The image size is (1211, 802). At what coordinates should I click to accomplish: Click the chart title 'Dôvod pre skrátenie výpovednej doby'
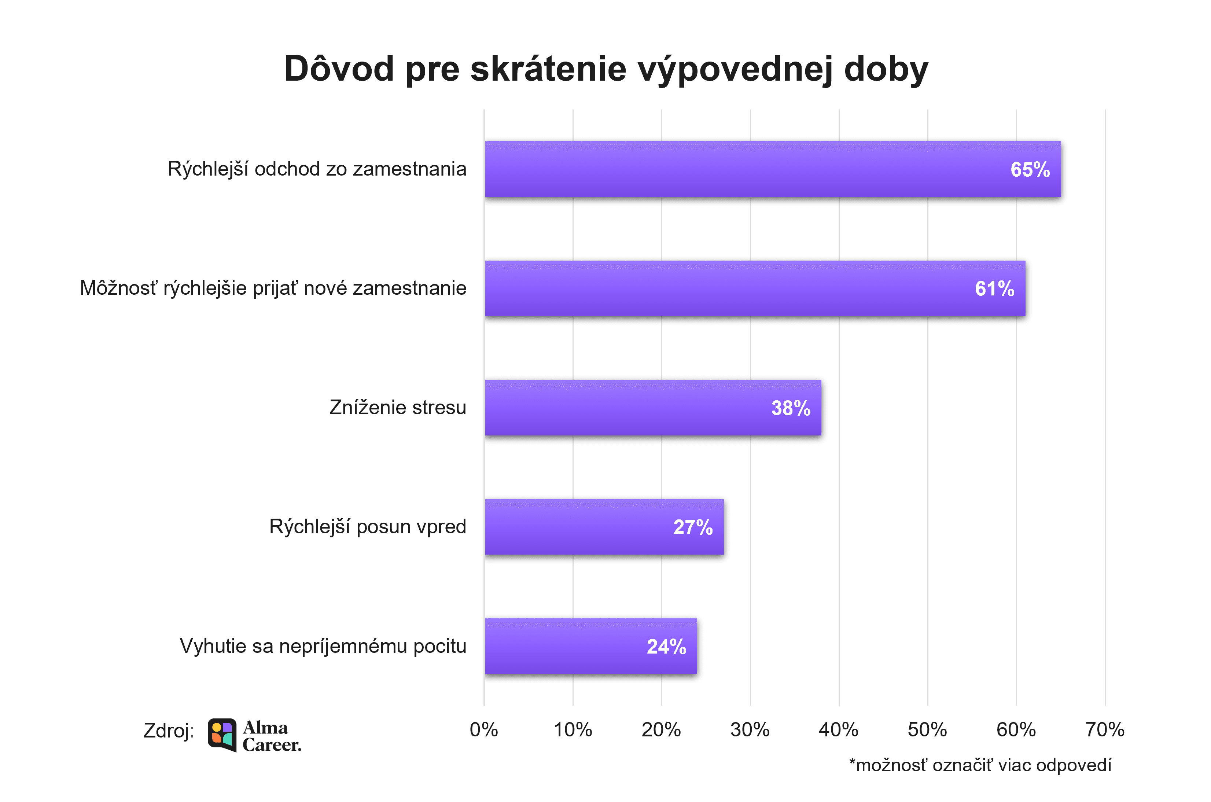[x=605, y=69]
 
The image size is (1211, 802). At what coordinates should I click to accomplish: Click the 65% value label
[x=1030, y=170]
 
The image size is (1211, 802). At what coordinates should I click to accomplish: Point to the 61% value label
[x=994, y=289]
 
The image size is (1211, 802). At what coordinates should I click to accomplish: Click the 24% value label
[x=666, y=647]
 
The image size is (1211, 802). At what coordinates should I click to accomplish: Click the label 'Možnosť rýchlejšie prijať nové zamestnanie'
[x=273, y=288]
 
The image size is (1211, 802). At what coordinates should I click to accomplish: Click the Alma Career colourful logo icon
[x=222, y=735]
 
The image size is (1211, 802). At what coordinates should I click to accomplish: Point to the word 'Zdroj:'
[x=169, y=731]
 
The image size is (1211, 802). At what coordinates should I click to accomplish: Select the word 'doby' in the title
[x=886, y=69]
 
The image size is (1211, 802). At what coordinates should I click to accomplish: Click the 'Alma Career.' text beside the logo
[x=271, y=736]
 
